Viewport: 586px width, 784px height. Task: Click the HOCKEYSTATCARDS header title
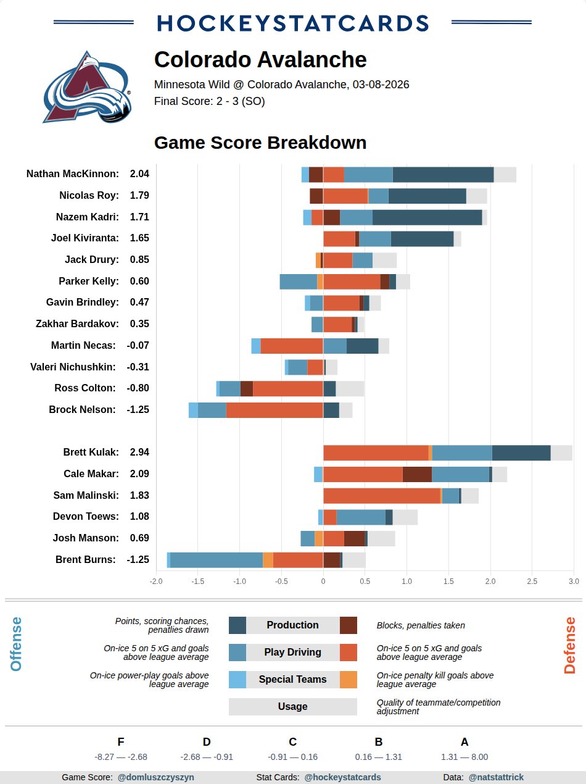[x=293, y=23]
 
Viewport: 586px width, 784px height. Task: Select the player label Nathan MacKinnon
[x=73, y=174]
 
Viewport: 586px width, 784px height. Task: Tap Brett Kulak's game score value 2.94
[x=139, y=452]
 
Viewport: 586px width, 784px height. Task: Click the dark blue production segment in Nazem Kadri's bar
[x=427, y=217]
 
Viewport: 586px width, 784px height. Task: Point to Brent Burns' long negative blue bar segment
[x=216, y=560]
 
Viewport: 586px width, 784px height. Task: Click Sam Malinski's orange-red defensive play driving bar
[x=381, y=496]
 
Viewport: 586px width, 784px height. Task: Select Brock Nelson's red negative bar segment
[x=274, y=410]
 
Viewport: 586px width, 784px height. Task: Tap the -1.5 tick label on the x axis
[x=197, y=581]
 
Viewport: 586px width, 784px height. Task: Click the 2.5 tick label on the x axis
[x=532, y=581]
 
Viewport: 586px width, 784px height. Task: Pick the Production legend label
[x=292, y=625]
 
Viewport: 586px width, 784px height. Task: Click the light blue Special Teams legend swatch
[x=237, y=680]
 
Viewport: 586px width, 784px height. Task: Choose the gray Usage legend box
[x=292, y=707]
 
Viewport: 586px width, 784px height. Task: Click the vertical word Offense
[x=16, y=644]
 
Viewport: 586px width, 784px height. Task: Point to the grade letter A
[x=464, y=742]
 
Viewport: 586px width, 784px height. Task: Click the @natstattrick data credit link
[x=496, y=777]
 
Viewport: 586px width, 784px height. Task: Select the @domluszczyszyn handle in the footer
[x=155, y=777]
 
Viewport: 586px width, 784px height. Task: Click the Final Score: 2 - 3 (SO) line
[x=210, y=101]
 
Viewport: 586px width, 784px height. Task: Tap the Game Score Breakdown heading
[x=260, y=143]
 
